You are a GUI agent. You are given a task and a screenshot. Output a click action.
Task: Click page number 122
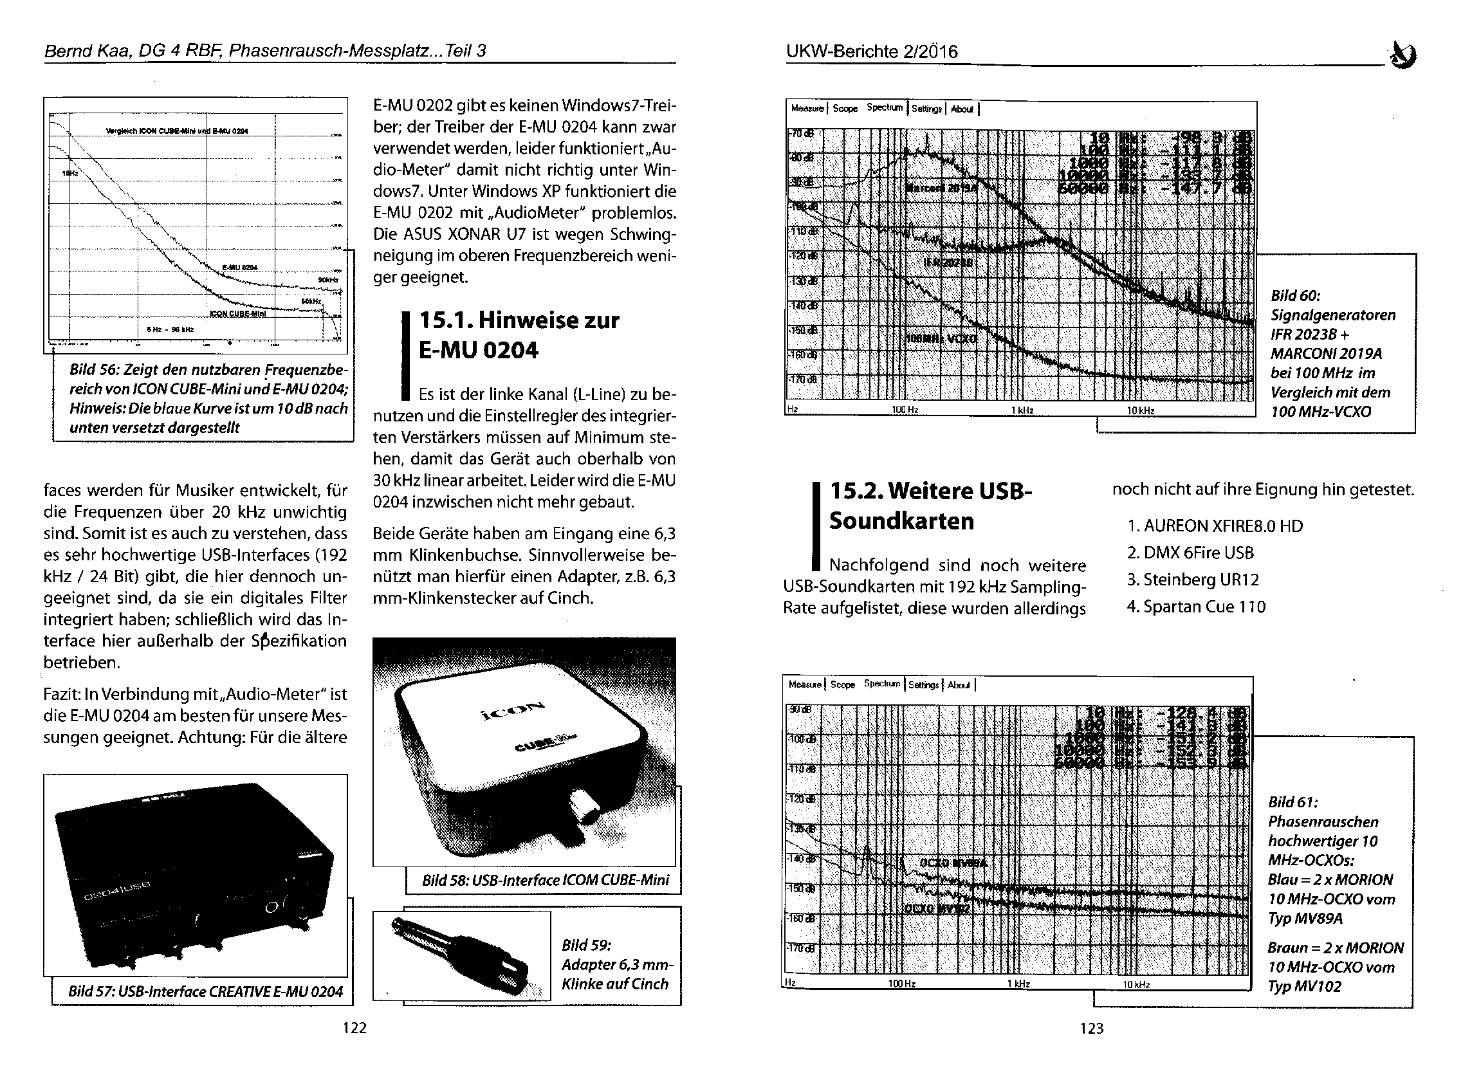click(354, 1027)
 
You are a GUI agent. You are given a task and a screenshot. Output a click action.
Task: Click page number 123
click(1091, 1027)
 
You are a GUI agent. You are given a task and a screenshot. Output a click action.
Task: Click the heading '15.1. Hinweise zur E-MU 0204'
click(519, 335)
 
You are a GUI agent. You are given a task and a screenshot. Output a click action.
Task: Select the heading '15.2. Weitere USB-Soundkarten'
click(930, 505)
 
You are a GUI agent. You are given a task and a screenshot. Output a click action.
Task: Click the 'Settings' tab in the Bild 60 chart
click(926, 109)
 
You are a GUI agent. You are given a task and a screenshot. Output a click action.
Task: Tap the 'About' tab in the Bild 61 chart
click(959, 685)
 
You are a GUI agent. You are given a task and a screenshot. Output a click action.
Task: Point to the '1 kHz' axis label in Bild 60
click(1022, 410)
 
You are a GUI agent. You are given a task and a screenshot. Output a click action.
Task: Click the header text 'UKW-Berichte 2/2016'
click(872, 51)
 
